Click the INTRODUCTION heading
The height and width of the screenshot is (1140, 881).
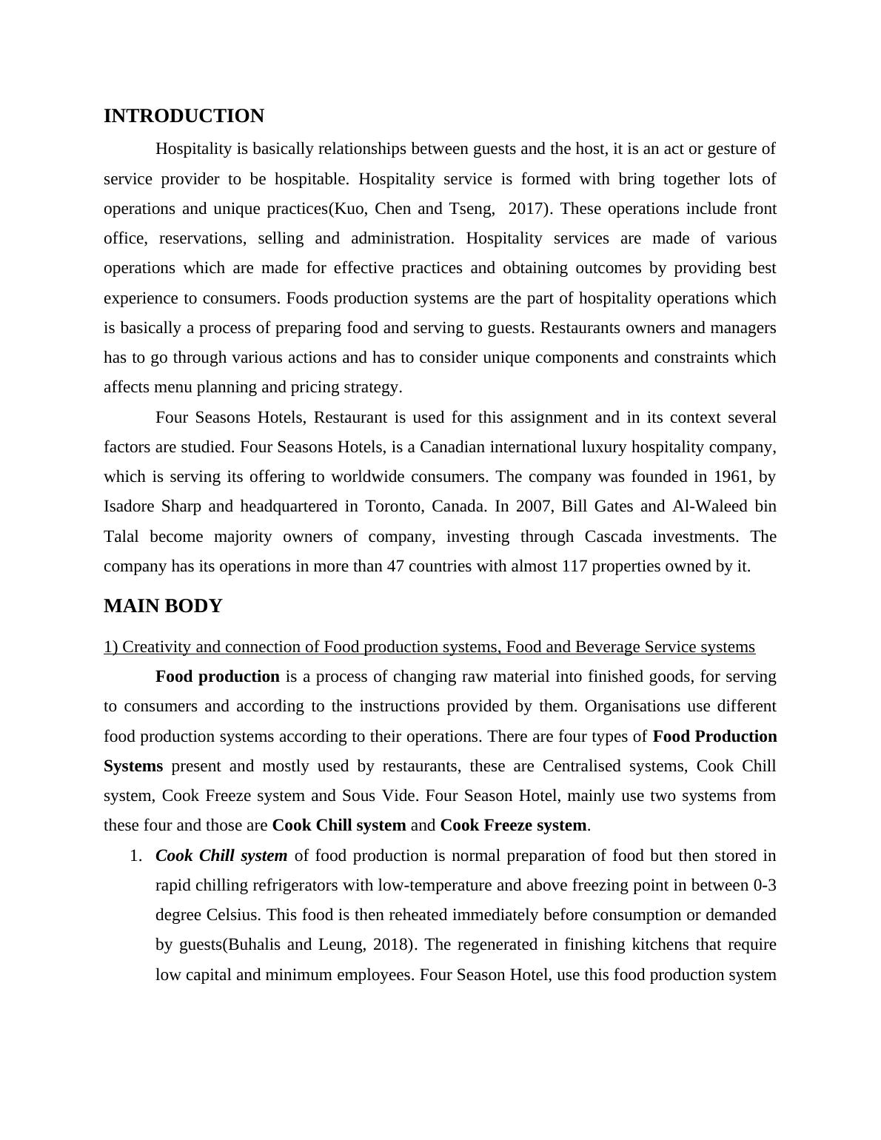(x=184, y=116)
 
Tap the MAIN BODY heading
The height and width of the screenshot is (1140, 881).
(x=163, y=606)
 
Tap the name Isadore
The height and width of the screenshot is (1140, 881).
(x=130, y=506)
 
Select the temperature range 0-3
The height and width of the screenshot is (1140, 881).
(x=764, y=885)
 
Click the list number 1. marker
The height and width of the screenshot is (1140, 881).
(x=135, y=856)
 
